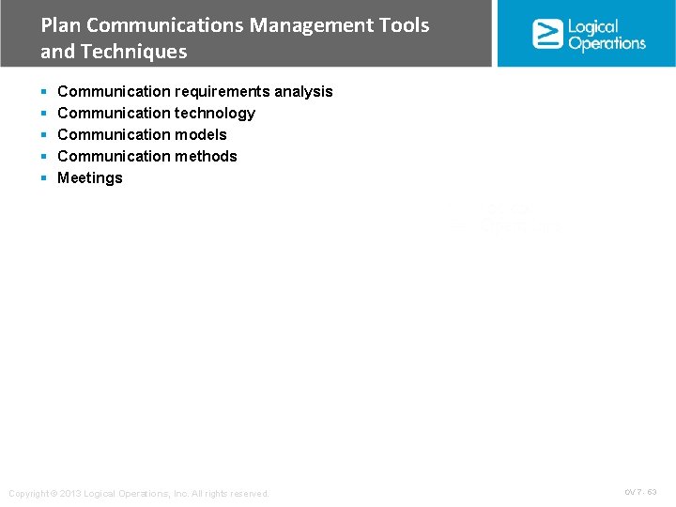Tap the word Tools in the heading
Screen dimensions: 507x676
[403, 25]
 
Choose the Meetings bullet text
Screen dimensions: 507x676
[90, 177]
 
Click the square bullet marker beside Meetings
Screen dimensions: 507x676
[44, 178]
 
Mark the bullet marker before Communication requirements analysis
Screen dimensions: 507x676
[44, 92]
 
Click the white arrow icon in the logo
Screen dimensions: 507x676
[547, 34]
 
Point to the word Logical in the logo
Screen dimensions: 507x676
[593, 27]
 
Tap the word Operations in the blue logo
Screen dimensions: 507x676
[607, 43]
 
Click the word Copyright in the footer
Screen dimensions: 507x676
[28, 494]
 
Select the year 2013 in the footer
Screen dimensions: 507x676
[70, 494]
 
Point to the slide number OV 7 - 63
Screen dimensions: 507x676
[640, 492]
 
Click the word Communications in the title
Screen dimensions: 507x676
[169, 25]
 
